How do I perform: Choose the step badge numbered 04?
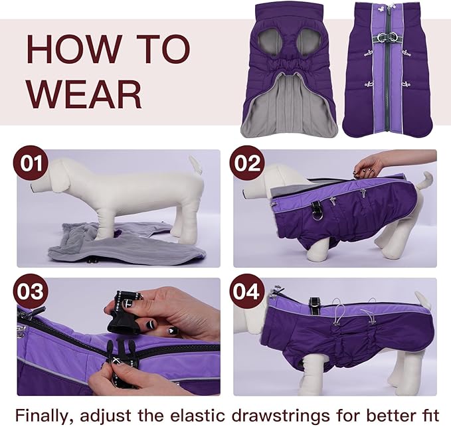247,293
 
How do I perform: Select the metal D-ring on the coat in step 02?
317,213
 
